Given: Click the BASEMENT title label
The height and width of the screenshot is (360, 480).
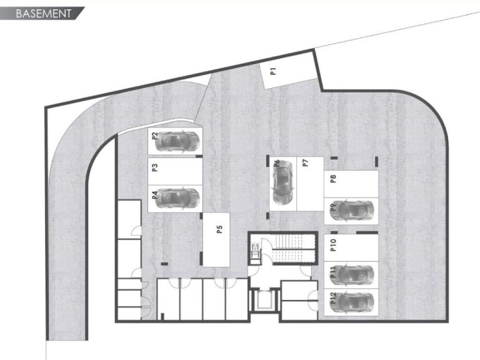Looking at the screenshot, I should pos(42,13).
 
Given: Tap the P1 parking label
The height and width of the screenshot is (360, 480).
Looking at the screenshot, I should pos(273,71).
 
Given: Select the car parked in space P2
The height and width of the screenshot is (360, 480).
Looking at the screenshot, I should pos(178,140).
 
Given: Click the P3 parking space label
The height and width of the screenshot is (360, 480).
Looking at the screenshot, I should pos(154,167).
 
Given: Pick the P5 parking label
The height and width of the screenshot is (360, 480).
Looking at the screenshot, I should pos(219,228).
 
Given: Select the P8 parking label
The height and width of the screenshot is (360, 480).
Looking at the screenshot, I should pos(333,178).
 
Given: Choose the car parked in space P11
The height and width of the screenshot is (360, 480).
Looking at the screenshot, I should pos(352,274).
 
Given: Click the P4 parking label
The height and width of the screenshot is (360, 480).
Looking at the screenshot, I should pos(154,195).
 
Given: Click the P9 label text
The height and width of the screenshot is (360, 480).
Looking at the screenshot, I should pos(332,207).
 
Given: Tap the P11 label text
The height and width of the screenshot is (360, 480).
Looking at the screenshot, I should pos(333,272).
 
